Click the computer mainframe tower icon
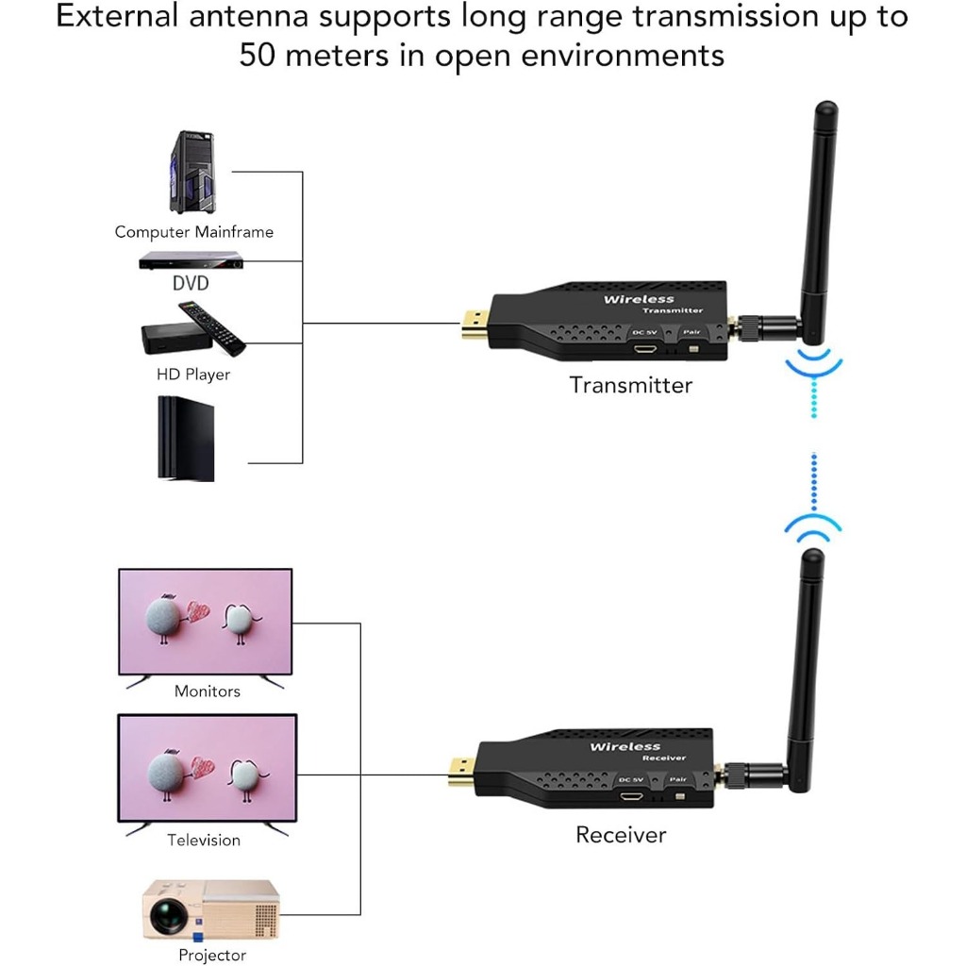(x=192, y=173)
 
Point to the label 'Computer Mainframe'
(x=193, y=232)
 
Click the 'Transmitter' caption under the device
(x=630, y=385)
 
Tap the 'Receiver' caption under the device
(x=621, y=835)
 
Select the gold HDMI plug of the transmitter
(x=472, y=325)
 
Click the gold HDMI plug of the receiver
(x=461, y=774)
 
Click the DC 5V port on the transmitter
(x=646, y=349)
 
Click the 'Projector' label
(x=212, y=956)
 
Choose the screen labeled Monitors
(x=205, y=621)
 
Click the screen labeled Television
(x=206, y=769)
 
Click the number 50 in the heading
(x=259, y=54)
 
